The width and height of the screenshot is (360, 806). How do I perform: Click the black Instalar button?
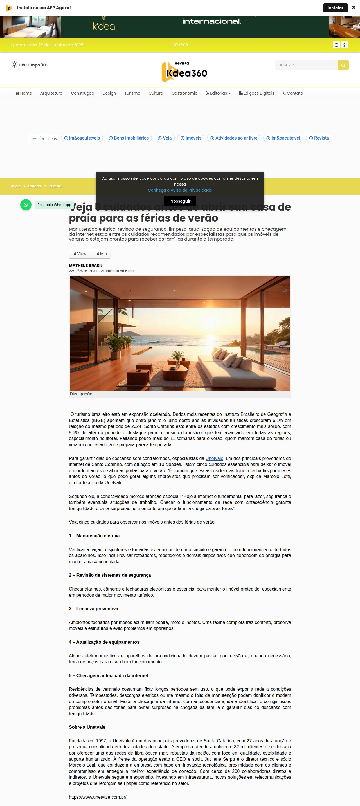pyautogui.click(x=335, y=8)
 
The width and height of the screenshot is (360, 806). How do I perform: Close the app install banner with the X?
pyautogui.click(x=354, y=8)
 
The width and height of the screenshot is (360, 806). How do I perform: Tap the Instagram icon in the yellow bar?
pyautogui.click(x=336, y=45)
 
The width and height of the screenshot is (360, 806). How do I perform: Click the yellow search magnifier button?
pyautogui.click(x=343, y=65)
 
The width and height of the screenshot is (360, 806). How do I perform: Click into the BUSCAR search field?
pyautogui.click(x=306, y=65)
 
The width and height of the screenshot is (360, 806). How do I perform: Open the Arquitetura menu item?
pyautogui.click(x=51, y=93)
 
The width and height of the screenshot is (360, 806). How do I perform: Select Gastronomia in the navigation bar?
pyautogui.click(x=184, y=93)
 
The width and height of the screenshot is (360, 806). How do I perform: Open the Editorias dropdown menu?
pyautogui.click(x=218, y=93)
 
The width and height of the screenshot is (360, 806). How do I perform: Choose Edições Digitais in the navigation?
pyautogui.click(x=256, y=93)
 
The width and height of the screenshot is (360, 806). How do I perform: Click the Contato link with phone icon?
pyautogui.click(x=293, y=93)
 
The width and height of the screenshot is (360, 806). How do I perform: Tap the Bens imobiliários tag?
pyautogui.click(x=129, y=138)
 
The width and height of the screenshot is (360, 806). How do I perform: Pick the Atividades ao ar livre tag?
pyautogui.click(x=234, y=138)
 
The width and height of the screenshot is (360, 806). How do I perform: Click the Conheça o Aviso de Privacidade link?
pyautogui.click(x=180, y=190)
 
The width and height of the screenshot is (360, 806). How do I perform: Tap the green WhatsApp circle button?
pyautogui.click(x=26, y=205)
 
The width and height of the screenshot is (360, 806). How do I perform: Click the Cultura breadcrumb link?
pyautogui.click(x=55, y=186)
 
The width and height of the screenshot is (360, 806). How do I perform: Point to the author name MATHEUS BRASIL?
pyautogui.click(x=85, y=266)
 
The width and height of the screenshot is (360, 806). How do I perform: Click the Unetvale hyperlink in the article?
pyautogui.click(x=214, y=458)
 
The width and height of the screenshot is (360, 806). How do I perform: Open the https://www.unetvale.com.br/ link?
pyautogui.click(x=98, y=797)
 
